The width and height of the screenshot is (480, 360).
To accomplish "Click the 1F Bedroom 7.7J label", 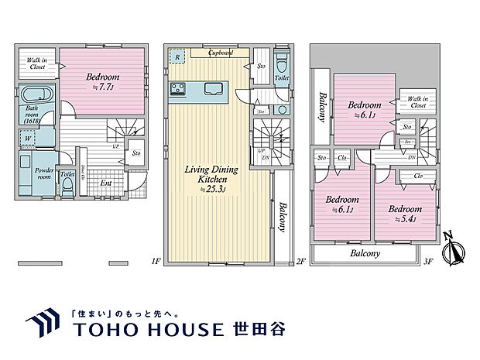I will pyautogui.click(x=103, y=81).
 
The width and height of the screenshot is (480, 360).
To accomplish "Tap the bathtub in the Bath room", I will pyautogui.click(x=35, y=97).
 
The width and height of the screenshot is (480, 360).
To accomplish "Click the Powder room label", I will pyautogui.click(x=39, y=173).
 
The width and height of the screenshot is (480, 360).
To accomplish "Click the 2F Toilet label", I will pyautogui.click(x=282, y=78).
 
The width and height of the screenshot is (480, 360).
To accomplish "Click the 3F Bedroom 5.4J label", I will pyautogui.click(x=403, y=214).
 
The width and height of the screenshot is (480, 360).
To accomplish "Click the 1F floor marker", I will pyautogui.click(x=156, y=262).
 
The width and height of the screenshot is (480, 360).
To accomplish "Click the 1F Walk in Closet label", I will pyautogui.click(x=37, y=63).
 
